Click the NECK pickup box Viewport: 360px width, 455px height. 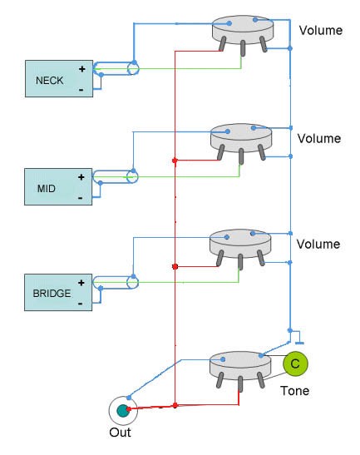pos(59,79)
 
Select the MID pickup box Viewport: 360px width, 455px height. pos(58,186)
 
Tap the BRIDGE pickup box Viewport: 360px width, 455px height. pos(58,292)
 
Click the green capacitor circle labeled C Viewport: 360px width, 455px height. pos(295,364)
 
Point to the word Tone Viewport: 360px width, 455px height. pos(294,391)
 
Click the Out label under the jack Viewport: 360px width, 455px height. pos(120,433)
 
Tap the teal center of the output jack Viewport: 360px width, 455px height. pos(122,410)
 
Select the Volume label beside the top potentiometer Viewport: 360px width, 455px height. pos(321,30)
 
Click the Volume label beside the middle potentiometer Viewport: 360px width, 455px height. pos(319,138)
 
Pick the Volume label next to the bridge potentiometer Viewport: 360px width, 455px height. pos(318,244)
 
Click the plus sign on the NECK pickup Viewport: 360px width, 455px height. pos(82,69)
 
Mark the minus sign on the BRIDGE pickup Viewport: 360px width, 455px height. pos(81,304)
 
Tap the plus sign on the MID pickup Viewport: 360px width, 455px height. pos(81,177)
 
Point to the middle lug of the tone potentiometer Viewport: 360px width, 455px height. pos(240,383)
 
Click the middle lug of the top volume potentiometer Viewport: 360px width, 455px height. pos(243,48)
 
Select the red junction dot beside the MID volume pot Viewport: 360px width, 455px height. pos(175,161)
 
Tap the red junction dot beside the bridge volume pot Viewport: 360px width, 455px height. pos(175,266)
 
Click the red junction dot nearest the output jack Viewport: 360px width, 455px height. pos(175,405)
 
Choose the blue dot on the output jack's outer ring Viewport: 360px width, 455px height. pos(129,398)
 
